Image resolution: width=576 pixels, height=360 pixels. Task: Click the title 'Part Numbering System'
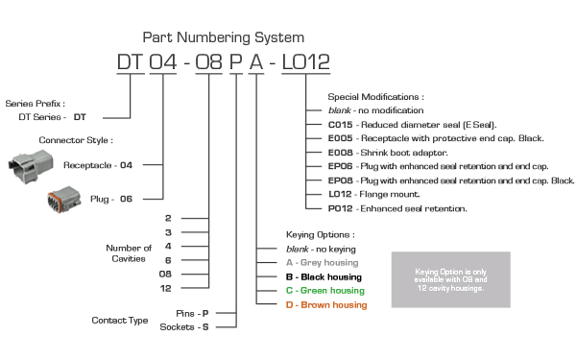pos(224,37)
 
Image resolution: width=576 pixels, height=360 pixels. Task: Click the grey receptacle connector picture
pos(31,166)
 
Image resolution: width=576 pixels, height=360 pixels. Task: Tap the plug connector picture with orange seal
pos(64,200)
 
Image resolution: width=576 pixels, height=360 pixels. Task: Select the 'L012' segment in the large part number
pos(305,61)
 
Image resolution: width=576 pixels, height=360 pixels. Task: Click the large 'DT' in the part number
pos(131,61)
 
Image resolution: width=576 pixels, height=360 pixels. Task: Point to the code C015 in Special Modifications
pos(340,125)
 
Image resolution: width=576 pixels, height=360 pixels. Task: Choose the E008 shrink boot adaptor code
pos(340,153)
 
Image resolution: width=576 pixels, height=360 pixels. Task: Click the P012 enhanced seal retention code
pos(340,208)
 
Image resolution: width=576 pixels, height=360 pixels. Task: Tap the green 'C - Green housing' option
pos(325,291)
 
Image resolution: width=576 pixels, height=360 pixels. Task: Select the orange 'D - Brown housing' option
pos(326,305)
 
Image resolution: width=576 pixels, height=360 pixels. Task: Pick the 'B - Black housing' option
pos(324,277)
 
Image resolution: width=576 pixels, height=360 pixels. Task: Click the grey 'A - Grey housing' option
pos(323,263)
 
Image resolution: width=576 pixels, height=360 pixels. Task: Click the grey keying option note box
pos(451,279)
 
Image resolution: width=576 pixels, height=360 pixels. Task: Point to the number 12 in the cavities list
pos(166,288)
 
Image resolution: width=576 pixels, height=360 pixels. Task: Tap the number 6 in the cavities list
pos(168,260)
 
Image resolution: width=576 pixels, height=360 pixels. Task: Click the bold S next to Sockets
pos(205,327)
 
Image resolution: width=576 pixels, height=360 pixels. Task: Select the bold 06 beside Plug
pos(126,199)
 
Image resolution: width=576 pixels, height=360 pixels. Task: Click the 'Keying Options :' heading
pos(321,235)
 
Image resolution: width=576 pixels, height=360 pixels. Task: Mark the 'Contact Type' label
pos(120,321)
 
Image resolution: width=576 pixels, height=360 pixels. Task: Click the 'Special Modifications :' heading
pos(375,97)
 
